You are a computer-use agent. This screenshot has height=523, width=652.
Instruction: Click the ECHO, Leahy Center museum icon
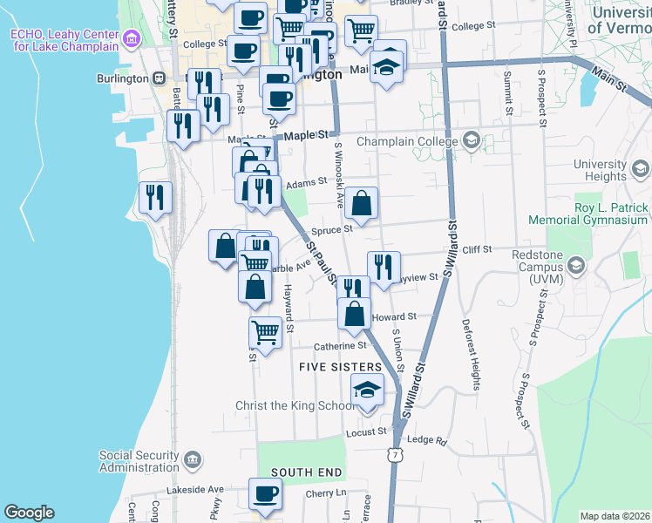click(x=132, y=38)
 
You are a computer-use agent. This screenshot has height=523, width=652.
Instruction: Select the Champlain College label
click(x=406, y=141)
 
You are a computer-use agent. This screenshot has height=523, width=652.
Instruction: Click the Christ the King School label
click(x=295, y=405)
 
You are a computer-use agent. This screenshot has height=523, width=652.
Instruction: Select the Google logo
click(x=29, y=513)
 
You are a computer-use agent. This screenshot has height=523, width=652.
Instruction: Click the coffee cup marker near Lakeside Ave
click(x=265, y=493)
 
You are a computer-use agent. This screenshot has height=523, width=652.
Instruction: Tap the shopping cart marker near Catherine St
click(x=265, y=331)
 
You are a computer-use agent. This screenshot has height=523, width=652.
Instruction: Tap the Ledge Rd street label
click(x=426, y=440)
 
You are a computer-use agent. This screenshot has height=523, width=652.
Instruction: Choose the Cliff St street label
click(x=477, y=249)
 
